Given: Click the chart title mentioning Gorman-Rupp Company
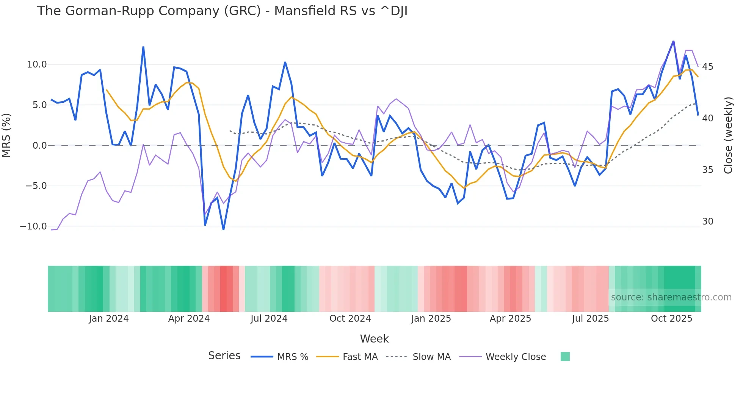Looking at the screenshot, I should pyautogui.click(x=222, y=11).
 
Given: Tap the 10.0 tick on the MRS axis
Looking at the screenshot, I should pyautogui.click(x=37, y=64).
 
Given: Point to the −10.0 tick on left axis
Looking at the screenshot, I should pyautogui.click(x=33, y=226).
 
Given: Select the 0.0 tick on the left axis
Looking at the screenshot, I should pyautogui.click(x=39, y=146).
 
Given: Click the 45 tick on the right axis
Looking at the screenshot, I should pyautogui.click(x=707, y=67).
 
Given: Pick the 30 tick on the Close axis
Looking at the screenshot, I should pyautogui.click(x=707, y=222).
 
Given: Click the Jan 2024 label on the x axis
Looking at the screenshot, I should pyautogui.click(x=109, y=319).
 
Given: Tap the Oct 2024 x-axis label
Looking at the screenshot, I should pyautogui.click(x=350, y=319).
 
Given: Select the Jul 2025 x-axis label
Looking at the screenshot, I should pyautogui.click(x=590, y=319).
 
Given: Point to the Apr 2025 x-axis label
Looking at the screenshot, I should pyautogui.click(x=510, y=319).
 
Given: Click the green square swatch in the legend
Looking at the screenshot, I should pyautogui.click(x=565, y=357).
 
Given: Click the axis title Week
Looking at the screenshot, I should pyautogui.click(x=374, y=339).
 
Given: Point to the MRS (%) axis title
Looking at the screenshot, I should pyautogui.click(x=6, y=135).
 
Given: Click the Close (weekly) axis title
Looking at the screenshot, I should pyautogui.click(x=728, y=135).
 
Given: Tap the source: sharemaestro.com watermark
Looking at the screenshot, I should pyautogui.click(x=671, y=297).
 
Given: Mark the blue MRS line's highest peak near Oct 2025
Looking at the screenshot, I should pyautogui.click(x=673, y=41).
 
